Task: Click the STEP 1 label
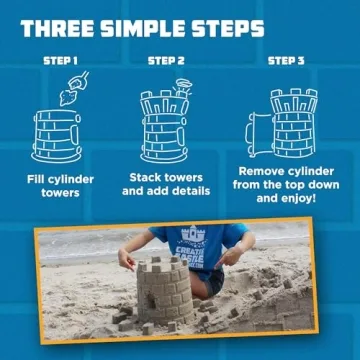coord(59,60)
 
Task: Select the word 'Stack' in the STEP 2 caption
coord(146,177)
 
